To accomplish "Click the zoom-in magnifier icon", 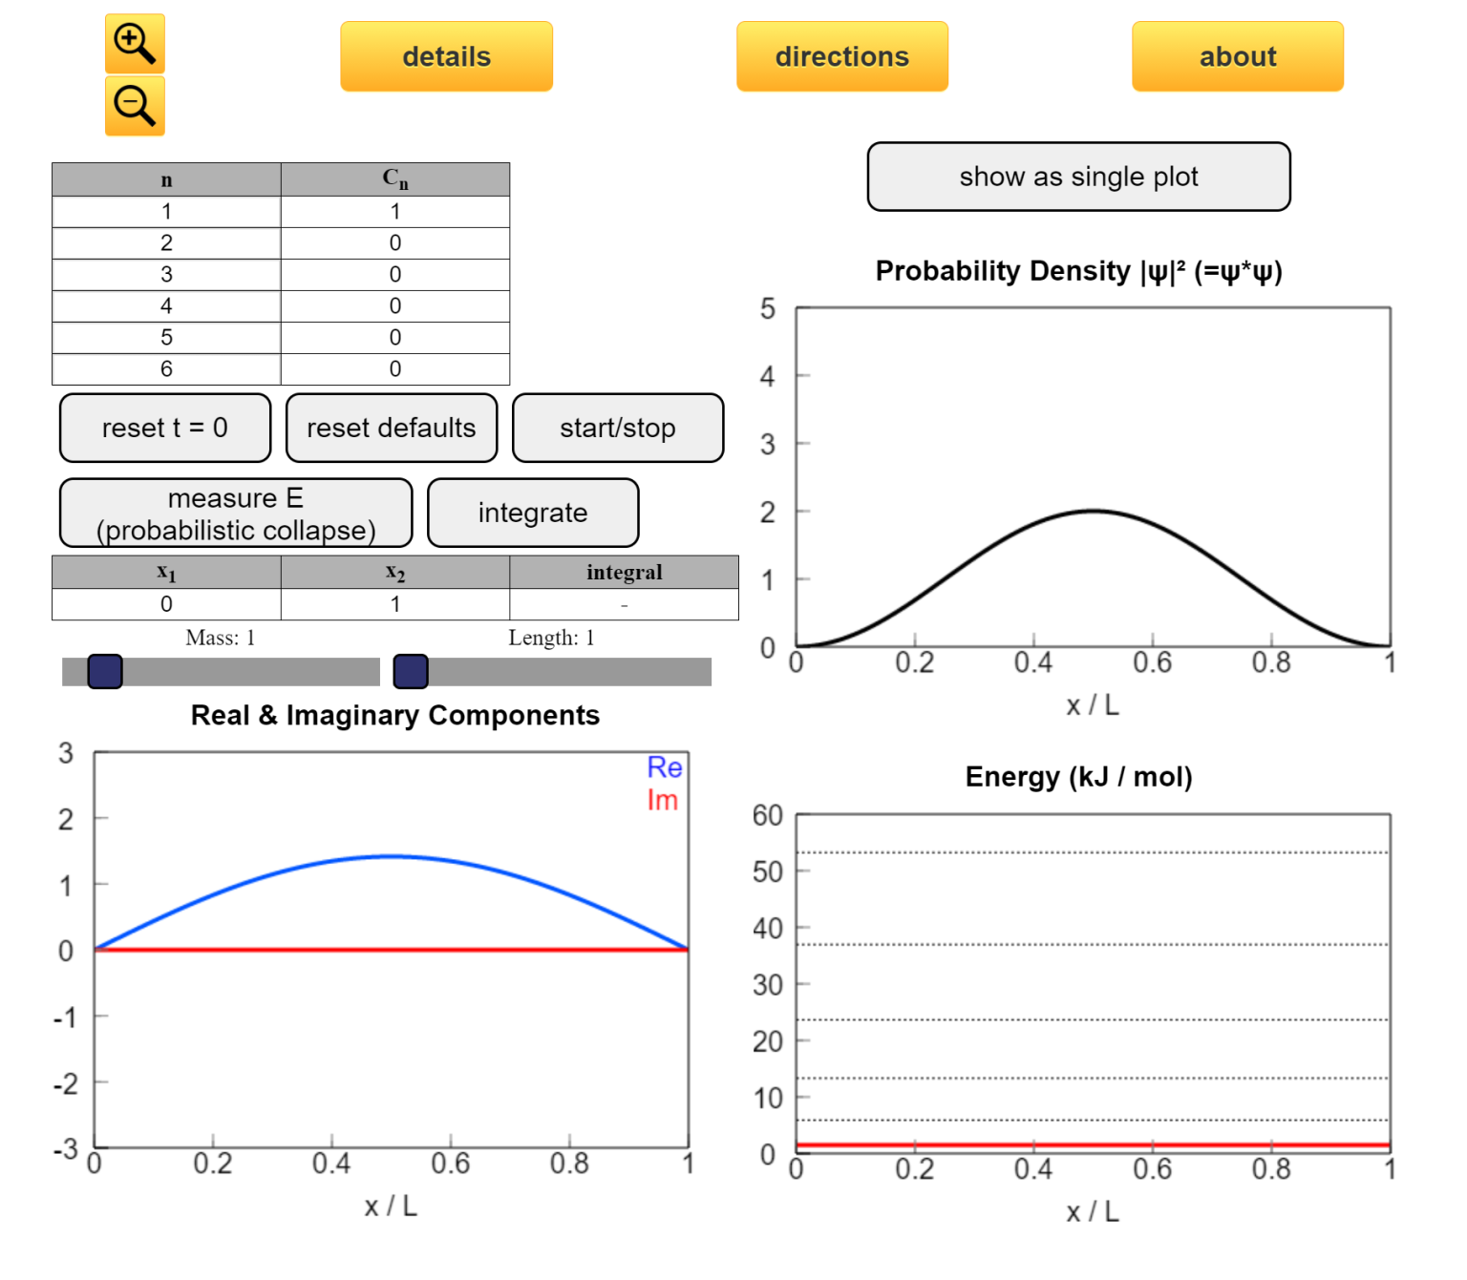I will point(134,44).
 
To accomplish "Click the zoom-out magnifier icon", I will point(134,106).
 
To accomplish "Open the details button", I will point(446,57).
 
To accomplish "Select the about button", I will point(1237,57).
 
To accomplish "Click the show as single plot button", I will point(1078,177).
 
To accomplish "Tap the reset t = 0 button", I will point(165,428).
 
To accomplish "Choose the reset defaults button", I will point(391,428).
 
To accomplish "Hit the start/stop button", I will point(617,428).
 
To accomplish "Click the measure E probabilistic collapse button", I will point(236,514).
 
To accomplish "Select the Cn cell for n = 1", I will point(394,212).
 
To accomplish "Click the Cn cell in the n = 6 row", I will point(394,369).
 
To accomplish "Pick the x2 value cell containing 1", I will point(394,604).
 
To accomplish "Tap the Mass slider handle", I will point(105,671).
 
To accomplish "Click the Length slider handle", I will point(411,671).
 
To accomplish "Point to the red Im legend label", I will point(663,800).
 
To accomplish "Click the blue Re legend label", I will point(665,767).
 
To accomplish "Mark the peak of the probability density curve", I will point(1094,511).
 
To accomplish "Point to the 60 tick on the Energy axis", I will point(768,815).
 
